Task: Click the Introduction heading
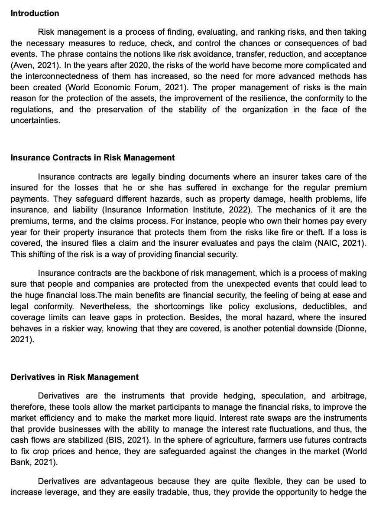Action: pos(35,13)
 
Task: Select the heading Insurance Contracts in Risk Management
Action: pos(93,158)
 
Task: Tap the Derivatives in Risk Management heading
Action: pos(75,377)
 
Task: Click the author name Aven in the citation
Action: pos(22,65)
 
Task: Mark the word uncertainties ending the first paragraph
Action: pos(35,121)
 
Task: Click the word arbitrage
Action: pos(347,396)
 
